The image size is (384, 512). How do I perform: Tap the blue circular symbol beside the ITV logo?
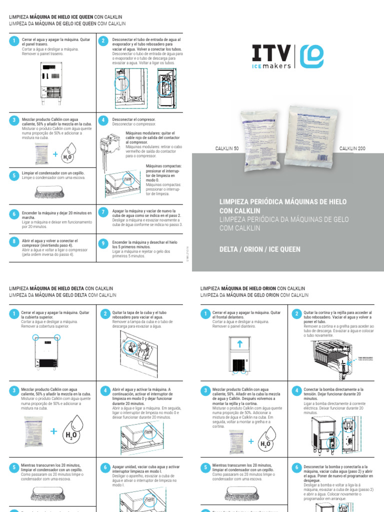[311, 56]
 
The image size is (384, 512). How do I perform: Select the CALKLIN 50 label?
[227, 148]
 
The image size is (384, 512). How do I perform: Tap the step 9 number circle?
[103, 243]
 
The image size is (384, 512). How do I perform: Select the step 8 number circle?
[13, 241]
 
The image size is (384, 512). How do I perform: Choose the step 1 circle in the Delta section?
[13, 313]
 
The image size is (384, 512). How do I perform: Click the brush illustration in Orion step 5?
[239, 493]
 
